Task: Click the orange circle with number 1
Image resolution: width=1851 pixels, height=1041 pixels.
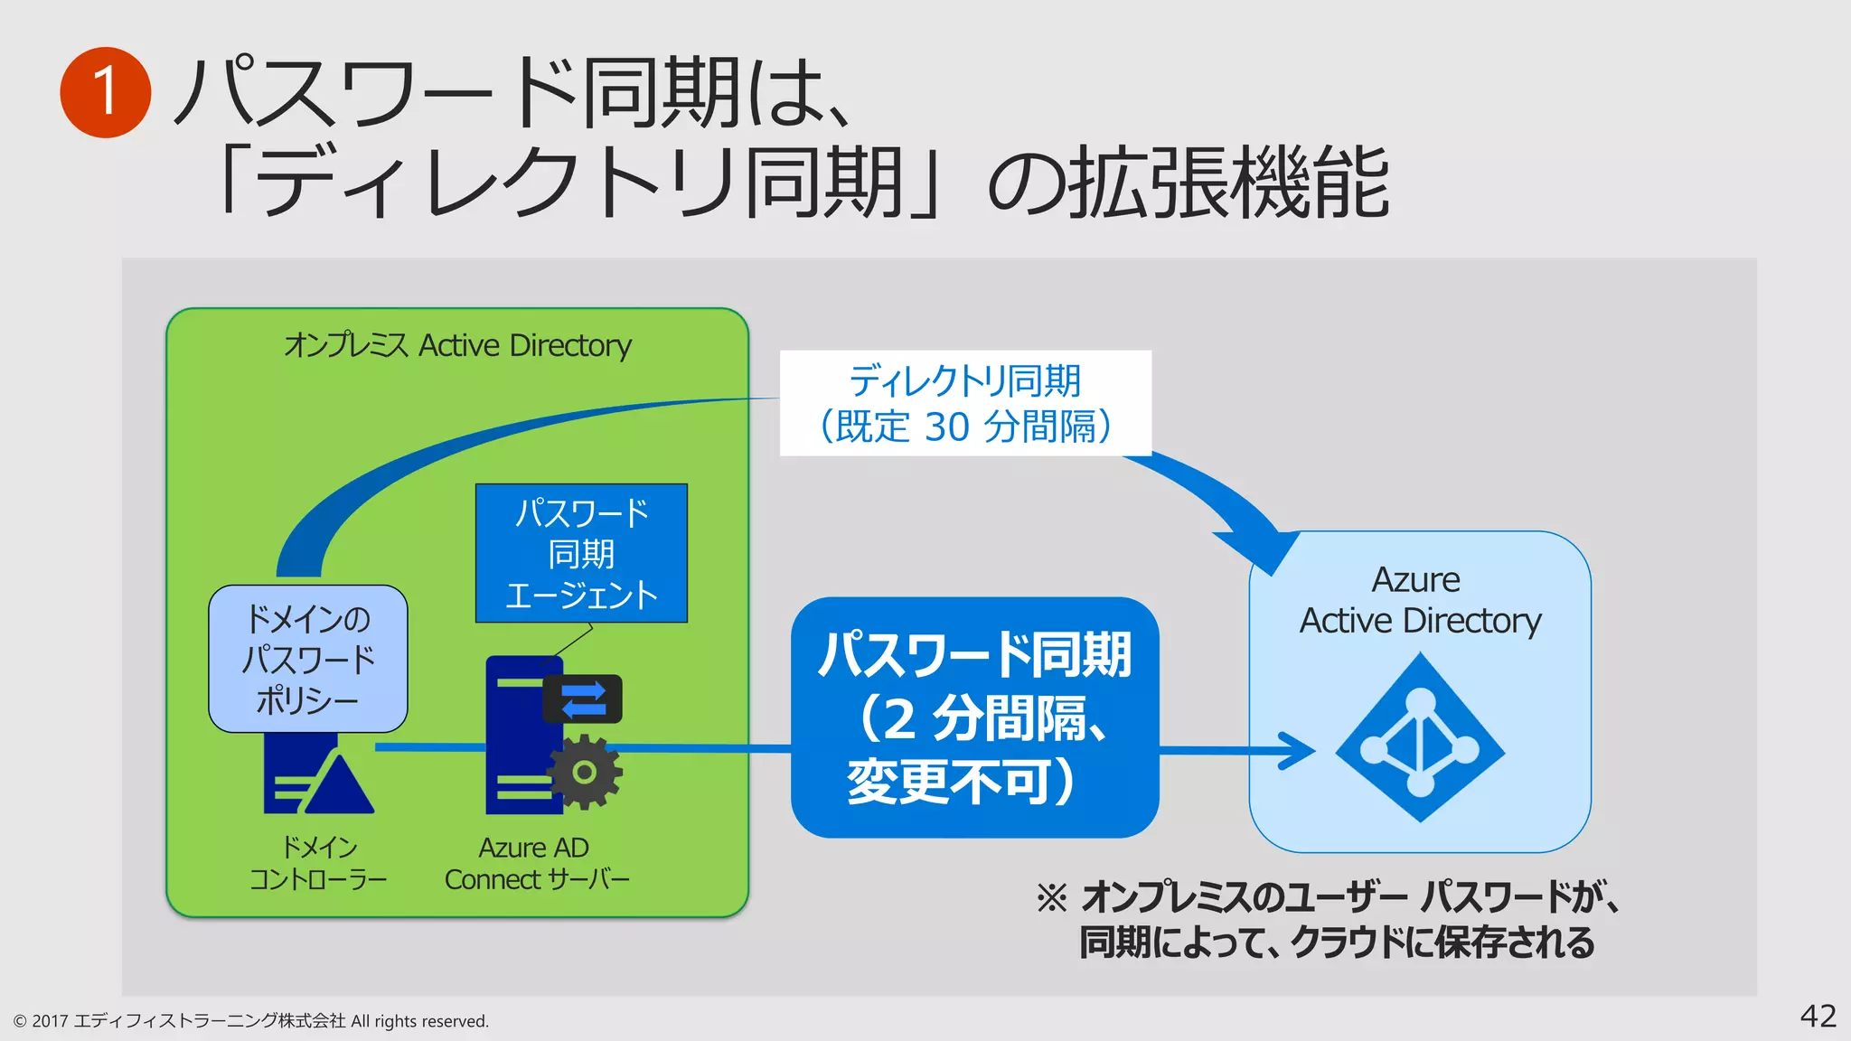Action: pyautogui.click(x=105, y=92)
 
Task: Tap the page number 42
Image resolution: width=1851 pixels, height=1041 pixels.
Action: pyautogui.click(x=1818, y=1016)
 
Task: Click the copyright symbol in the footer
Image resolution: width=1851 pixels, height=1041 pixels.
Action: pyautogui.click(x=20, y=1021)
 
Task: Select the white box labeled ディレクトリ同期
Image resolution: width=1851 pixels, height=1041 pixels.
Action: pyautogui.click(x=964, y=402)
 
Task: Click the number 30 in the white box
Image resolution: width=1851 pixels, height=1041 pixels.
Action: pyautogui.click(x=946, y=427)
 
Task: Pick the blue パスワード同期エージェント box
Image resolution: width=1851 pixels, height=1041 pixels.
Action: pyautogui.click(x=581, y=553)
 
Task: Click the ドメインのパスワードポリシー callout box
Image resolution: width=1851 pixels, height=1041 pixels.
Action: pyautogui.click(x=307, y=659)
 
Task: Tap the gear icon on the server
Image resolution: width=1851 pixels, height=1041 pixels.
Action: pyautogui.click(x=585, y=772)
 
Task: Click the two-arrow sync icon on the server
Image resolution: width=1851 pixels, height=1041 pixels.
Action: pyautogui.click(x=583, y=699)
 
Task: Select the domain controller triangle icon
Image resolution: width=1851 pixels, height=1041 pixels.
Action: pyautogui.click(x=341, y=786)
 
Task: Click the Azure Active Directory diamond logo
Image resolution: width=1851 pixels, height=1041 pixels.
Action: pyautogui.click(x=1420, y=738)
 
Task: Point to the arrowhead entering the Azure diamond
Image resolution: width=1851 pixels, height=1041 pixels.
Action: pyautogui.click(x=1299, y=750)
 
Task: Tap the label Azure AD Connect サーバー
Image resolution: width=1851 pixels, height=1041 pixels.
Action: pyautogui.click(x=536, y=863)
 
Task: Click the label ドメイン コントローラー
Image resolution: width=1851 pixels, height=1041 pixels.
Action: pyautogui.click(x=318, y=863)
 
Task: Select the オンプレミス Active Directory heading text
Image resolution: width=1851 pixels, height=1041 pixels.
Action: pyautogui.click(x=457, y=345)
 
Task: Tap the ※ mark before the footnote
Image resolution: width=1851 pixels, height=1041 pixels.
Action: pyautogui.click(x=1051, y=897)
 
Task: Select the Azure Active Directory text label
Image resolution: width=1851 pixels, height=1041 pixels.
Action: pyautogui.click(x=1419, y=600)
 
